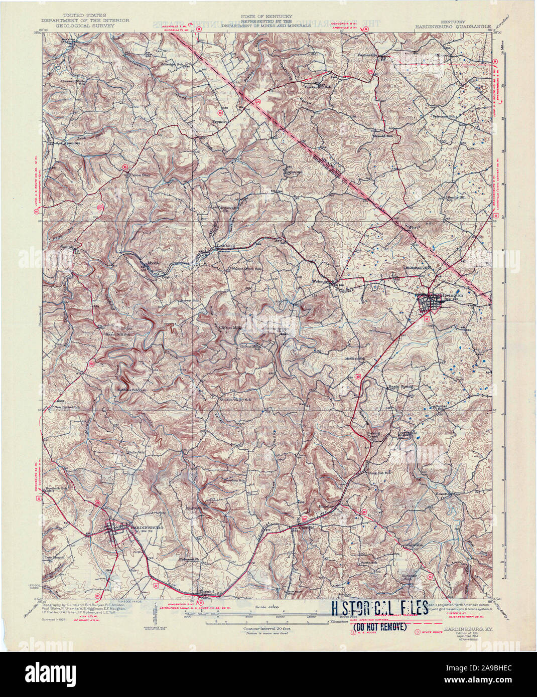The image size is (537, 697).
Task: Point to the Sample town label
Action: tap(67, 247)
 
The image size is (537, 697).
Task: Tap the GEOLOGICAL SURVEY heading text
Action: tap(79, 26)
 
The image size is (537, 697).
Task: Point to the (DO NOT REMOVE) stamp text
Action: tap(380, 627)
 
